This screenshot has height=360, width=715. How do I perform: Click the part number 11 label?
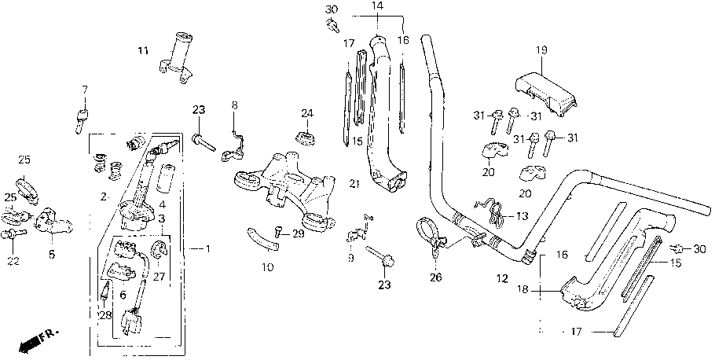[x=143, y=50]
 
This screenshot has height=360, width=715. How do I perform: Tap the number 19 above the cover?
[x=541, y=50]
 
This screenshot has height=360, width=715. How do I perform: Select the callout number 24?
[x=307, y=112]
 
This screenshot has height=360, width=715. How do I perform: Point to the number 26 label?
[x=436, y=277]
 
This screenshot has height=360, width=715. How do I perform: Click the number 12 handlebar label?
[x=501, y=279]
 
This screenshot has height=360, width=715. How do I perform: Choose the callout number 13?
[x=520, y=215]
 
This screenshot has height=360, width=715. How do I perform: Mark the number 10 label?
[x=268, y=267]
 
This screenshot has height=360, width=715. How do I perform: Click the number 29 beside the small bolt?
[x=298, y=234]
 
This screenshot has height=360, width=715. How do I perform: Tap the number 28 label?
[x=105, y=315]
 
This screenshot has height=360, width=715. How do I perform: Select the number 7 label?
[x=84, y=89]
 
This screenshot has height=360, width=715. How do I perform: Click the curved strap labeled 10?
[x=262, y=239]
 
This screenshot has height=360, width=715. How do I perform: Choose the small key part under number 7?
[x=82, y=120]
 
